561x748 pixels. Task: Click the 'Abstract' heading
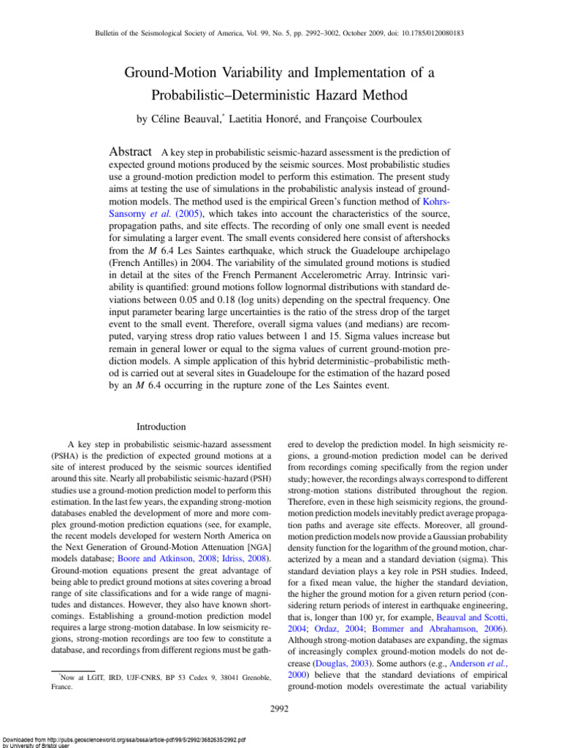point(129,152)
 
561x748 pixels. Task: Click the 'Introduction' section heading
point(161,427)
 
